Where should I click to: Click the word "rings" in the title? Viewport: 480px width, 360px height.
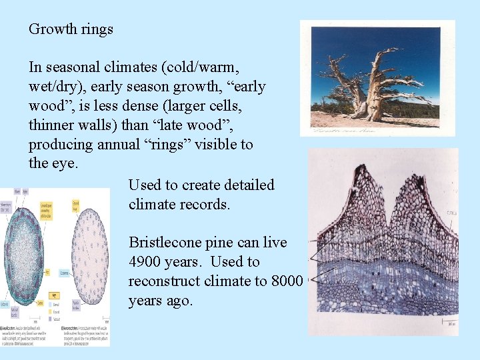coord(97,29)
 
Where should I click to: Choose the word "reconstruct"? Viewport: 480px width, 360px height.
coord(167,281)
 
